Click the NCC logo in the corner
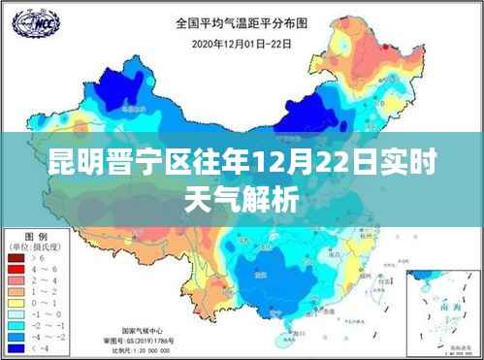point(32,21)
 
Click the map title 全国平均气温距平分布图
point(242,22)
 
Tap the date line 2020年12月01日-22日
point(242,43)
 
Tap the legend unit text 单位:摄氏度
point(37,247)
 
